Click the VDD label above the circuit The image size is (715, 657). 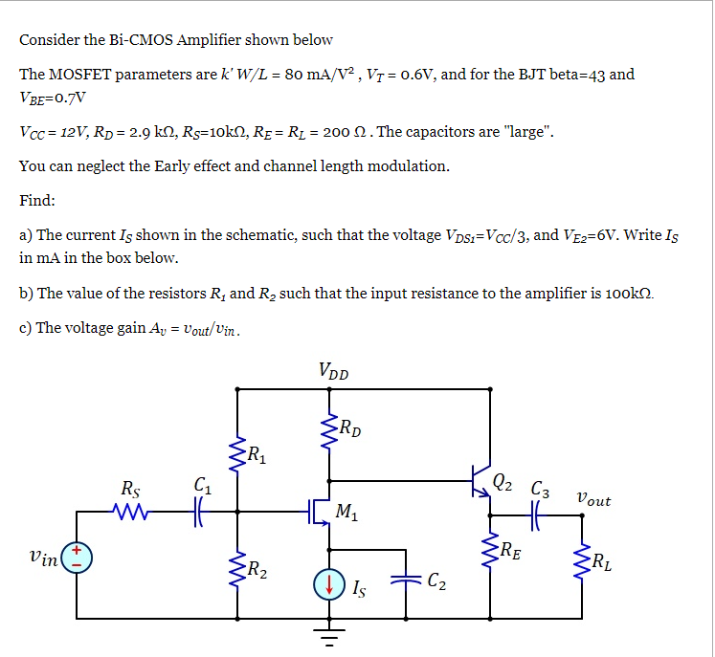tap(333, 370)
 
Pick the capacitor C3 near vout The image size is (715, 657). tap(537, 515)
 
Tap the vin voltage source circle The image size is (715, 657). tap(77, 557)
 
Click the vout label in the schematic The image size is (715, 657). tap(592, 499)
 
